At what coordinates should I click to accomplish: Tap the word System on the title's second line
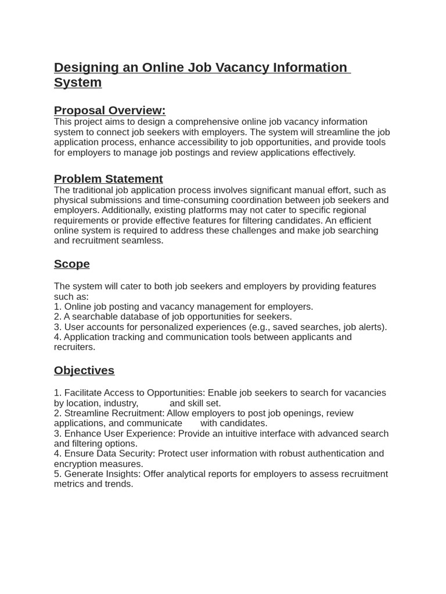78,82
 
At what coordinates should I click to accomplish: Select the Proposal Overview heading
110,110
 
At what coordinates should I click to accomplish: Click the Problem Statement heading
108,179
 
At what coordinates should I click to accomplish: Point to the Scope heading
72,264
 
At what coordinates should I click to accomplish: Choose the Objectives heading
84,370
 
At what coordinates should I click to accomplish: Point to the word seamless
145,241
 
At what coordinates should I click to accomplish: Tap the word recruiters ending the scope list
74,347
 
